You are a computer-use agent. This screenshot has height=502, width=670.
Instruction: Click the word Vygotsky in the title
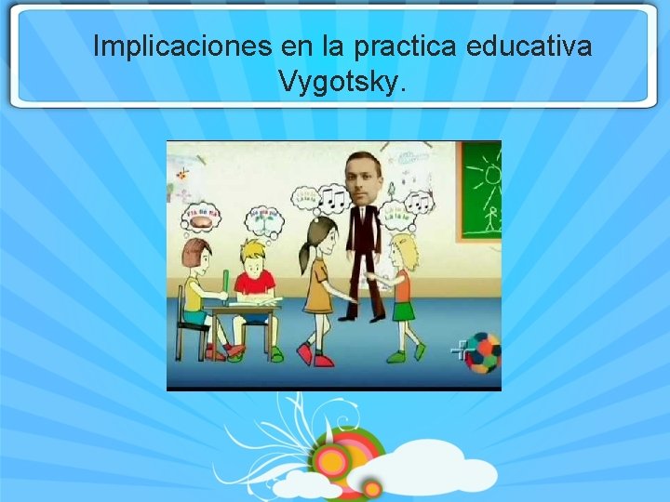(x=341, y=82)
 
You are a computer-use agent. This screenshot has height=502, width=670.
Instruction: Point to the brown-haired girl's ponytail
(x=304, y=251)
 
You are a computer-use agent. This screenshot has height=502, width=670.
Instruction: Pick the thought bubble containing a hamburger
(x=203, y=215)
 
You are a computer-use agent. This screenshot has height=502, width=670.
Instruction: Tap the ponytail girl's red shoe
(x=304, y=353)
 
